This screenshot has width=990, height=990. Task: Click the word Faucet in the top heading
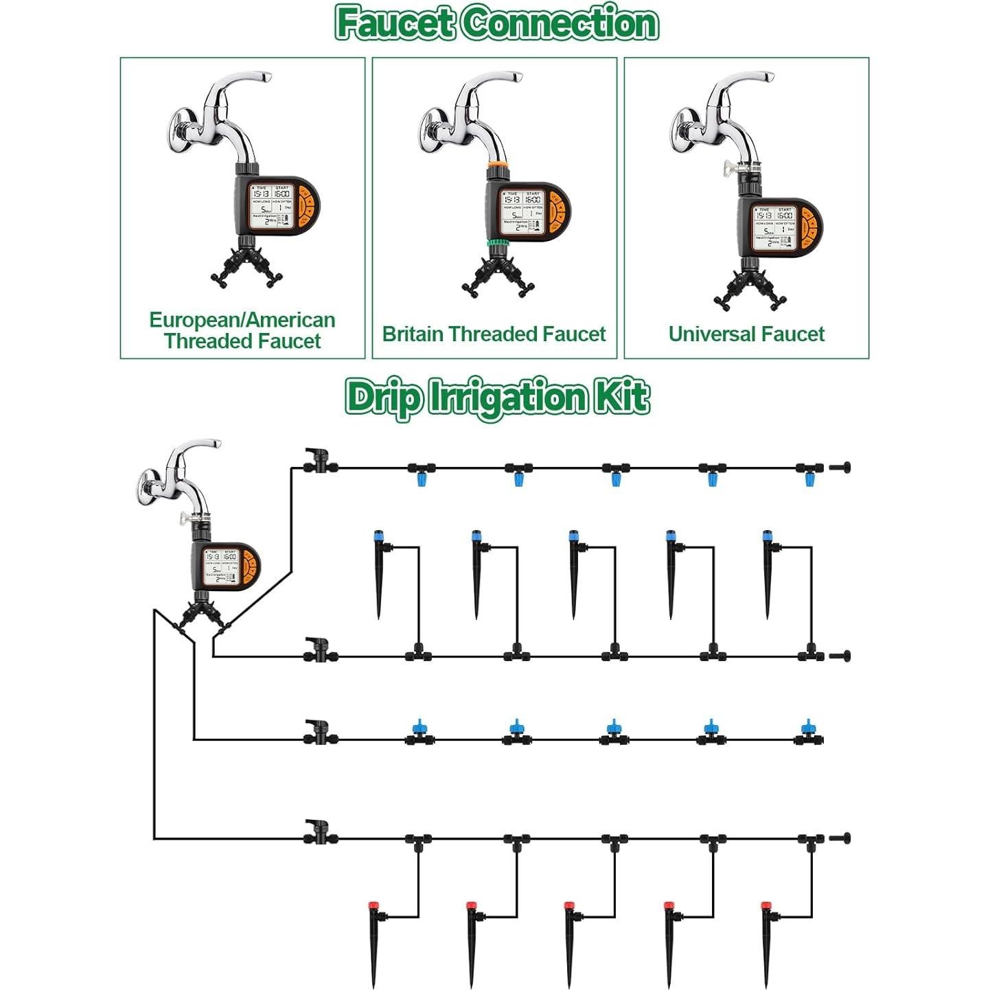(x=395, y=23)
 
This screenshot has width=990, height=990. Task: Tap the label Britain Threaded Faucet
(x=494, y=334)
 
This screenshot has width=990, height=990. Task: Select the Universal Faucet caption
(x=746, y=334)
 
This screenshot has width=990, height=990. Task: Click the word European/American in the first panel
(x=242, y=320)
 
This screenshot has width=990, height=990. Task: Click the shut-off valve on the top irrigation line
(x=319, y=461)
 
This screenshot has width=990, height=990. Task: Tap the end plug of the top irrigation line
(x=840, y=468)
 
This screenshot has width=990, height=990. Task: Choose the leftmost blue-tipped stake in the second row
(x=379, y=573)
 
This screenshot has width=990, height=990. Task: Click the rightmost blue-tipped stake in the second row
(x=768, y=573)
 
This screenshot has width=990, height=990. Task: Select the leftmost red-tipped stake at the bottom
(x=375, y=944)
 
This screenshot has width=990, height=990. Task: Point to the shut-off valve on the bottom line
(x=319, y=832)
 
